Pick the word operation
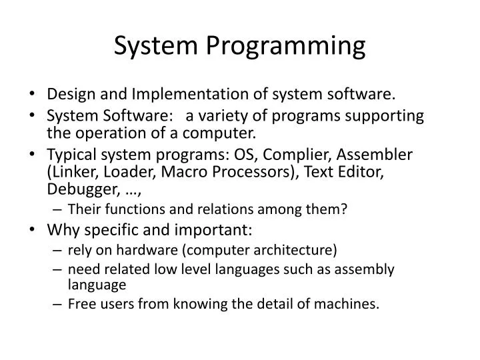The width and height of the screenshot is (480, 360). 111,131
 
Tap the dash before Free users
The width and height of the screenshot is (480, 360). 57,305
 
